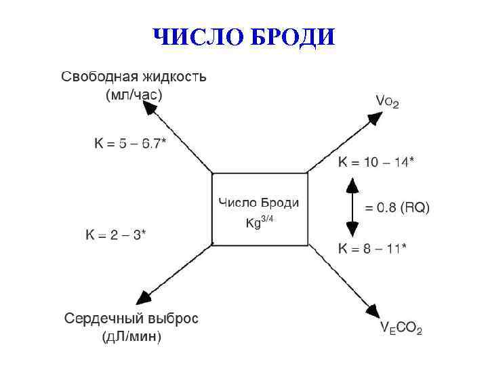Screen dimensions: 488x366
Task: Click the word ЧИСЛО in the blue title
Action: (198, 37)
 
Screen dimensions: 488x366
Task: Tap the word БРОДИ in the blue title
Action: (292, 37)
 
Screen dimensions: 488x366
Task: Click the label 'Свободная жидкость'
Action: (134, 77)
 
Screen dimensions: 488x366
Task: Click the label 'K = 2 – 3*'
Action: (116, 235)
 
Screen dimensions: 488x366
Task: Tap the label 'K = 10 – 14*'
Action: (376, 163)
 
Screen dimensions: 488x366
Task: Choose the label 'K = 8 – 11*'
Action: (372, 249)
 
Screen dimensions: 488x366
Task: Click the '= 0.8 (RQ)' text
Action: (397, 207)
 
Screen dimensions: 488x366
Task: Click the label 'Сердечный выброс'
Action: (131, 319)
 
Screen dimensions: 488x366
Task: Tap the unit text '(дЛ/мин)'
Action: (131, 337)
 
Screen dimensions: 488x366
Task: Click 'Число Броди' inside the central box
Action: (259, 203)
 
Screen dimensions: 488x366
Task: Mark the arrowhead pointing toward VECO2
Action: (371, 310)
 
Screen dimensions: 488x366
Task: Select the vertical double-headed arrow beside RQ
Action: (352, 207)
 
